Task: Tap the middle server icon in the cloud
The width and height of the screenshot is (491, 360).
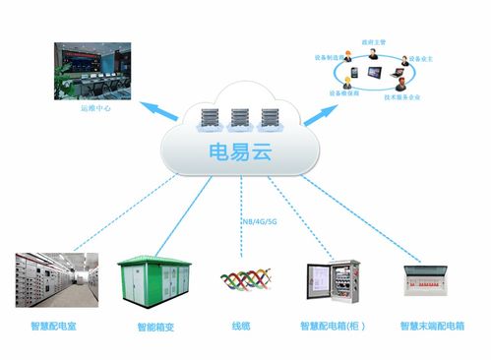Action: (x=239, y=119)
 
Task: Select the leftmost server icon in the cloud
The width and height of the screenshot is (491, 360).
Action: (x=210, y=119)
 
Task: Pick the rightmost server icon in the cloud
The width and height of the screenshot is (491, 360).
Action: (x=269, y=119)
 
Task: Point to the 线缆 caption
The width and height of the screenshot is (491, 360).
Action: (x=242, y=325)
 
